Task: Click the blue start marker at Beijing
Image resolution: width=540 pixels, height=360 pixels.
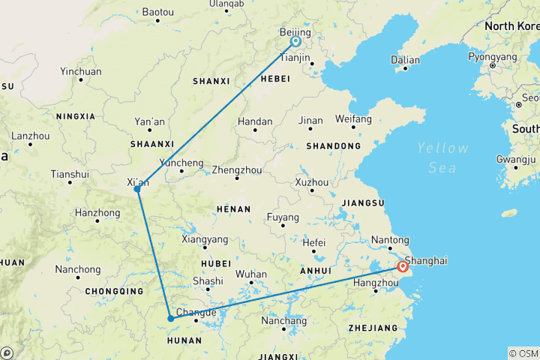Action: point(295,42)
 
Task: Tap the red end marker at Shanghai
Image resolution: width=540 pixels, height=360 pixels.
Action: point(403,266)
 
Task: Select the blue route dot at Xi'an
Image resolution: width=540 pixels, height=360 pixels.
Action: point(137,189)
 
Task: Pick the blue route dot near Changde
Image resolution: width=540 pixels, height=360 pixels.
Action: point(171,318)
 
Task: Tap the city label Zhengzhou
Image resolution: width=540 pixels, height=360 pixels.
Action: point(235,169)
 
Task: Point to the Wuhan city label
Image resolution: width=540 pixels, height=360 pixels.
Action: point(252,274)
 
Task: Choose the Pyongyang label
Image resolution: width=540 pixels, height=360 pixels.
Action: point(492,56)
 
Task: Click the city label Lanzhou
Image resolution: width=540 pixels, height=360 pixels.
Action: point(30,136)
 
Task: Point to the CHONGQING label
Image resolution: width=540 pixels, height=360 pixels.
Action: point(114,291)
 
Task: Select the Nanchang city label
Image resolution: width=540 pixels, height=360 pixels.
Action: point(283,321)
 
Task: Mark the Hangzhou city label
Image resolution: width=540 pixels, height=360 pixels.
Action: point(376,282)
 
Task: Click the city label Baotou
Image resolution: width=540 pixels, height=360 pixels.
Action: point(157,12)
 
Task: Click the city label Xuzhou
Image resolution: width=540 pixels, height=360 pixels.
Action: point(312,182)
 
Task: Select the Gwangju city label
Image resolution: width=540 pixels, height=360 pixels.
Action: point(516,159)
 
